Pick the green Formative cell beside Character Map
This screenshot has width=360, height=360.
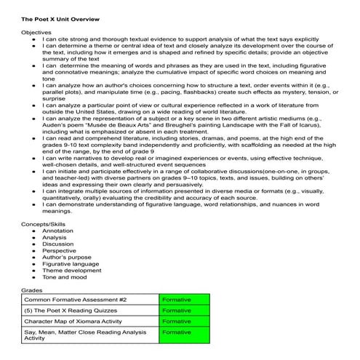pyautogui.click(x=183, y=321)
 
